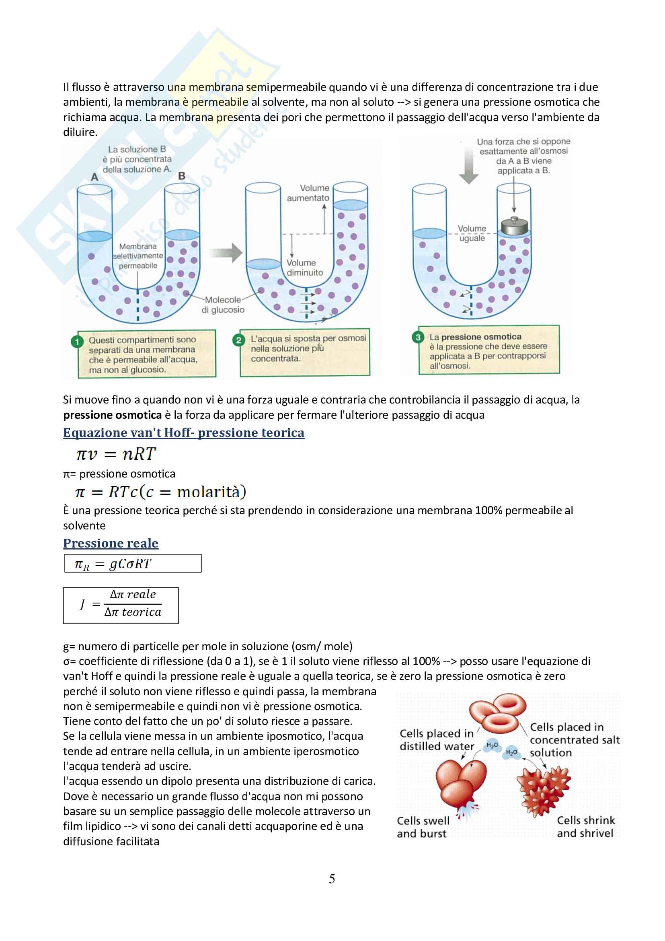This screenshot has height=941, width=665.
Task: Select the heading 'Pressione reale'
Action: (111, 543)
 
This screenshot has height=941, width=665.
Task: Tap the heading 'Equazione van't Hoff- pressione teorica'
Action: (183, 433)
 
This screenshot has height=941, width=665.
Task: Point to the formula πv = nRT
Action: (116, 454)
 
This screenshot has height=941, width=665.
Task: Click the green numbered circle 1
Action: (76, 342)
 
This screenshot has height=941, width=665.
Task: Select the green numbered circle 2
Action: (238, 340)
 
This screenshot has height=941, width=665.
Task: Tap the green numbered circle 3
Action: (418, 337)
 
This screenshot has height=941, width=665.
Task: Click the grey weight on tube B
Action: (514, 226)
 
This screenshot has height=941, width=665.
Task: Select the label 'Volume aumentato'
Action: (310, 193)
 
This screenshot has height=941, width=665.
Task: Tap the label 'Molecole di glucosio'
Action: (223, 305)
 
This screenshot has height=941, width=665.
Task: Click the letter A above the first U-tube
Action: (94, 177)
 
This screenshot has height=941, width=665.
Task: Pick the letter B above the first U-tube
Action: (182, 176)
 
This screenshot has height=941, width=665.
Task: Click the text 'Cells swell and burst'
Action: (423, 827)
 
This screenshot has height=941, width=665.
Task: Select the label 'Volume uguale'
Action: (472, 233)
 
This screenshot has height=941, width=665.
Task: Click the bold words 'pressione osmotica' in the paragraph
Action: (112, 415)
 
